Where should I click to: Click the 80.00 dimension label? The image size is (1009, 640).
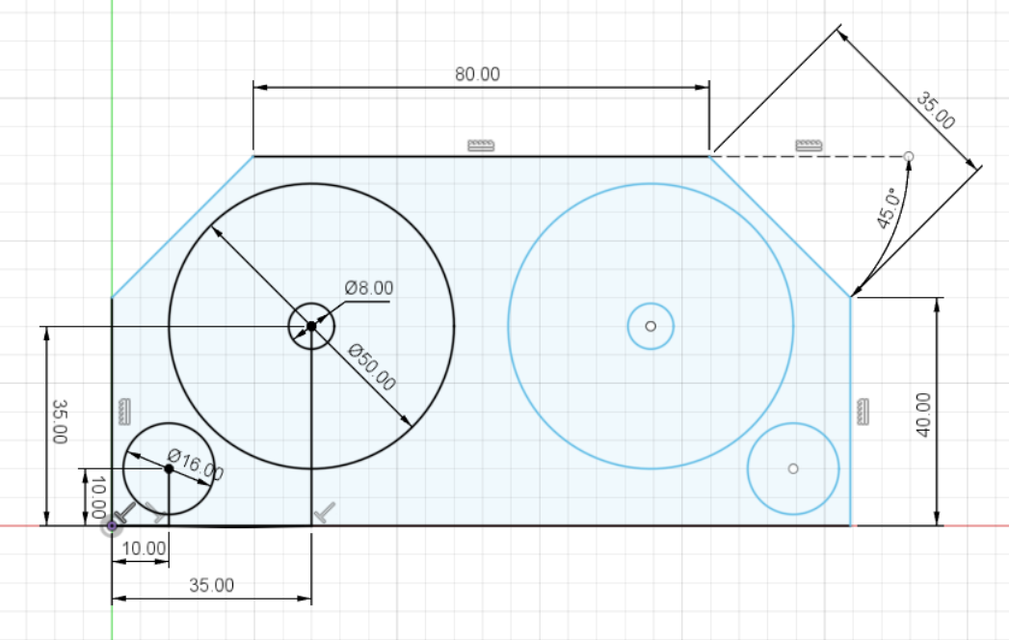point(477,74)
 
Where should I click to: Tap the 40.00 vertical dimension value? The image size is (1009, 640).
point(923,414)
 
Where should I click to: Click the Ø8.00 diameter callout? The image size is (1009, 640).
point(369,288)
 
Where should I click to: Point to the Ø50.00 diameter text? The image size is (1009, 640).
point(371,367)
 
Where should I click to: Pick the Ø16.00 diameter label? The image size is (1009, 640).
point(195,465)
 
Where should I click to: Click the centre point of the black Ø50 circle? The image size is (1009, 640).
point(311,327)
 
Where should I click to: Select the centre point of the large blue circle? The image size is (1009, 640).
point(651,327)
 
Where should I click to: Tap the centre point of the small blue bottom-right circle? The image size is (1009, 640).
point(793,468)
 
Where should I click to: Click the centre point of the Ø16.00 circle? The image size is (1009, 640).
point(169,468)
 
